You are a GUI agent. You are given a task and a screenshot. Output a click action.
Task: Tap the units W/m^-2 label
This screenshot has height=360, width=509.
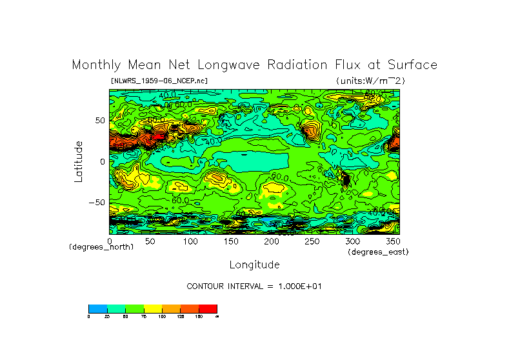tap(370, 81)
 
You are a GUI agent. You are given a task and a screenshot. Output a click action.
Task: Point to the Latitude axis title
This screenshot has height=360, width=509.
tap(78, 161)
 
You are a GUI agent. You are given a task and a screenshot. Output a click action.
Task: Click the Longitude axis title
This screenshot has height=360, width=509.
tap(254, 265)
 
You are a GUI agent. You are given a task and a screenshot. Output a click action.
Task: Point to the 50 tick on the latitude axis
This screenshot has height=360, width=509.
tap(99, 121)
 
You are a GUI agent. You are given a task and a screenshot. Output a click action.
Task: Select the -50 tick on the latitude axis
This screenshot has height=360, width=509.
tap(97, 203)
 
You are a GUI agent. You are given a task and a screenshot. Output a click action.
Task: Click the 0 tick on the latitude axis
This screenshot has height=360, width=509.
tap(102, 162)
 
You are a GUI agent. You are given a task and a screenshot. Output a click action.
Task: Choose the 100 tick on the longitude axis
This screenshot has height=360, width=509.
tap(190, 241)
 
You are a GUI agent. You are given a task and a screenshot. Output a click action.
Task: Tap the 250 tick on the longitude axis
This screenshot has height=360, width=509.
tap(311, 241)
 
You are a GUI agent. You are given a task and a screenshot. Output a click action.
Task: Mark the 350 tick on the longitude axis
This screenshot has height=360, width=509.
tap(392, 241)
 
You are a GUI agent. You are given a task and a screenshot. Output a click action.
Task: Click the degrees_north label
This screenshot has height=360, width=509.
tap(101, 247)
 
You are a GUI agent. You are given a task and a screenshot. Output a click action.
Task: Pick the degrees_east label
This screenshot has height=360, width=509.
tap(377, 252)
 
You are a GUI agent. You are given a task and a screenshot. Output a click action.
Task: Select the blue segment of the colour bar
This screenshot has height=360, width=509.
tap(97, 308)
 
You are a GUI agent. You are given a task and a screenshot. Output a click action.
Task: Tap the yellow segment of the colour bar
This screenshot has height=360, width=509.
tap(152, 308)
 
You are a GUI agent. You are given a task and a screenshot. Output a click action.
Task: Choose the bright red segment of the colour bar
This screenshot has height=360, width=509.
tap(208, 308)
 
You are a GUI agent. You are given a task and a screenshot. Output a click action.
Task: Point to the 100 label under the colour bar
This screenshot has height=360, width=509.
tap(162, 317)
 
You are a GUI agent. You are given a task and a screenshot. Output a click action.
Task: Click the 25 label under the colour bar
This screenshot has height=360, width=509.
tap(106, 317)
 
